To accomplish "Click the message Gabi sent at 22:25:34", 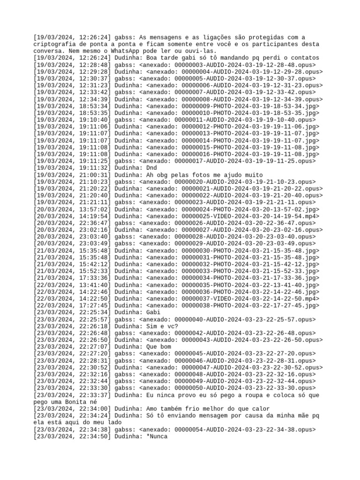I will pyautogui.click(x=154, y=312).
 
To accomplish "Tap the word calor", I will pyautogui.click(x=260, y=409).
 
